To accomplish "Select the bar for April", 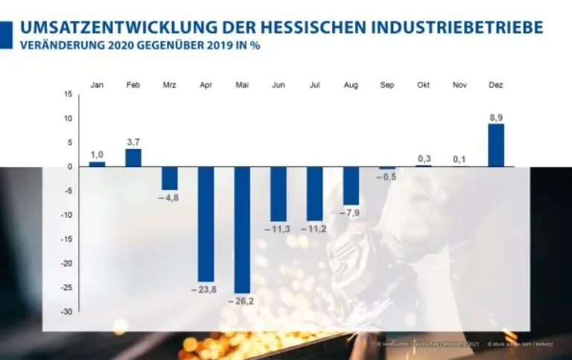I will click(206, 224).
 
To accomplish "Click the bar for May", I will click(242, 230).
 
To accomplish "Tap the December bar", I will click(496, 145).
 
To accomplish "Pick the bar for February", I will click(133, 158).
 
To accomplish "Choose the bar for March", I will click(170, 178).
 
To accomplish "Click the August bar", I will click(351, 186).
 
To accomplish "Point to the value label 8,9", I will click(496, 117).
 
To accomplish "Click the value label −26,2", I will click(242, 300).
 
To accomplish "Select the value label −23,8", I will click(205, 288).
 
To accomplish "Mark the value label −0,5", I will click(387, 177).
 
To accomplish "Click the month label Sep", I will click(387, 85).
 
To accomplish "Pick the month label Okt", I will click(423, 85).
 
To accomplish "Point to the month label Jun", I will click(279, 85).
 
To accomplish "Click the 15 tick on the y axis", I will click(69, 95).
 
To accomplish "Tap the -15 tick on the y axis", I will click(67, 239).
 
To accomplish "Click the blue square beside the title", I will click(6, 34).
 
